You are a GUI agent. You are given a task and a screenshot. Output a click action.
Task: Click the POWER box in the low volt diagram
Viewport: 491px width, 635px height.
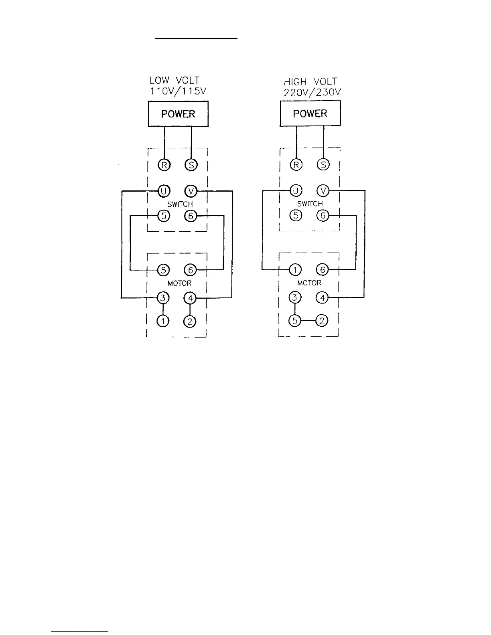click(178, 114)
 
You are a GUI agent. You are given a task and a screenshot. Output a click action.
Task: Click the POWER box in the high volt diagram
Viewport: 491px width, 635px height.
click(310, 113)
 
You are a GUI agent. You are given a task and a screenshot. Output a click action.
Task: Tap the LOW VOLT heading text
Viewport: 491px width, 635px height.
click(174, 81)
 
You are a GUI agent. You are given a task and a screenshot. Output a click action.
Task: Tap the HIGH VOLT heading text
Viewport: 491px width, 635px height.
click(310, 82)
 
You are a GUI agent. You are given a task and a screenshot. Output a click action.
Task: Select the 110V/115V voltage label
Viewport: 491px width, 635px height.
click(178, 91)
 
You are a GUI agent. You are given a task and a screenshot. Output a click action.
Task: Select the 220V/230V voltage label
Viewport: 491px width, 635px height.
click(312, 92)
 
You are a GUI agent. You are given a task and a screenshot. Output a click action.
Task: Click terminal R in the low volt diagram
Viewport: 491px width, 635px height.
click(164, 165)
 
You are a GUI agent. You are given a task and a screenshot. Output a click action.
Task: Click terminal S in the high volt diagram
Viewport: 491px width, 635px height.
click(323, 164)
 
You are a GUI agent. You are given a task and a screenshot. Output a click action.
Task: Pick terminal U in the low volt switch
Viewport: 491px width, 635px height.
click(163, 191)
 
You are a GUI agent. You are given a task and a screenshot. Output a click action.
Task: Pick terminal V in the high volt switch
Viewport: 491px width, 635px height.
click(323, 191)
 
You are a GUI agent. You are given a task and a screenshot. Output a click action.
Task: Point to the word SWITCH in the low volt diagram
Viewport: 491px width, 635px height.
click(180, 204)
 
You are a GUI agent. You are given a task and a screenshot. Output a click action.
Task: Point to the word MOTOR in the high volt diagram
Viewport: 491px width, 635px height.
click(309, 283)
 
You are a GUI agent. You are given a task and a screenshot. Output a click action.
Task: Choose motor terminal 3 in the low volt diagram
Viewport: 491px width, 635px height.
click(163, 298)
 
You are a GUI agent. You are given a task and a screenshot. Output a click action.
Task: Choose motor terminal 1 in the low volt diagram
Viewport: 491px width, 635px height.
click(163, 321)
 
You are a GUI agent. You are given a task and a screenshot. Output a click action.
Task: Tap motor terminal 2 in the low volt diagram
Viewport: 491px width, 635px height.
click(191, 321)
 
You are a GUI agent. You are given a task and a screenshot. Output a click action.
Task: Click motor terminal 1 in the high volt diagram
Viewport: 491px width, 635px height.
click(295, 270)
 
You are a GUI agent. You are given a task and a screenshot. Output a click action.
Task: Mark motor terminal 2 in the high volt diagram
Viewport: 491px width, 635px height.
click(322, 321)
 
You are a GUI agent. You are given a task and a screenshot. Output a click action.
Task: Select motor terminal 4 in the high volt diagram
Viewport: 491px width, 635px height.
click(322, 298)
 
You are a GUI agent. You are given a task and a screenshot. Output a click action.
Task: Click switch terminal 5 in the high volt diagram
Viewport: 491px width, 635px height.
click(296, 216)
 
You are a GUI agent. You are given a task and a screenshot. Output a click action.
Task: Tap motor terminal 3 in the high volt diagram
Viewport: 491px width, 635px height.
click(295, 298)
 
